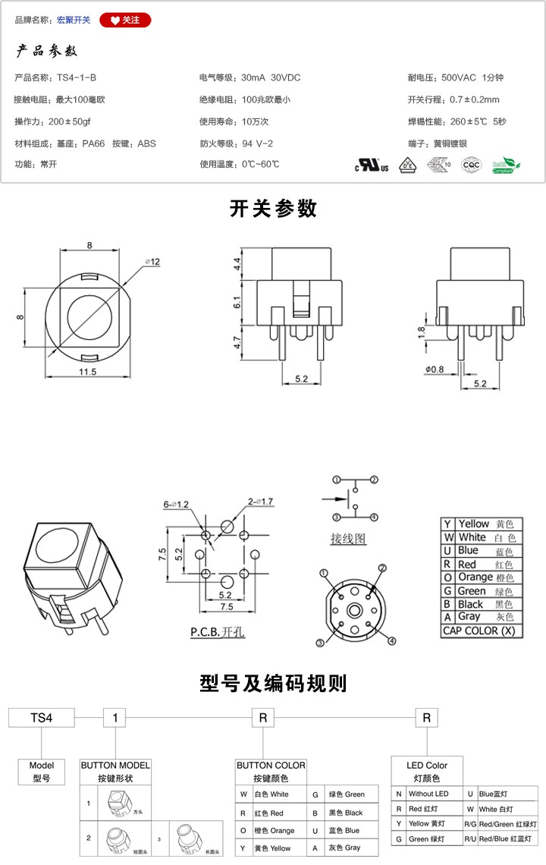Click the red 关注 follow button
click(125, 20)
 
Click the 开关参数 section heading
click(273, 209)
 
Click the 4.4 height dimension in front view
click(237, 265)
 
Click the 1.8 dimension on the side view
click(422, 332)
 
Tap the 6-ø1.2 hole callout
click(177, 504)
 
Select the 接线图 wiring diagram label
click(348, 539)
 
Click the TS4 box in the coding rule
click(41, 717)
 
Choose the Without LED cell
click(429, 794)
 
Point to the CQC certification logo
click(471, 165)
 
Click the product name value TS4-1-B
click(77, 78)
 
